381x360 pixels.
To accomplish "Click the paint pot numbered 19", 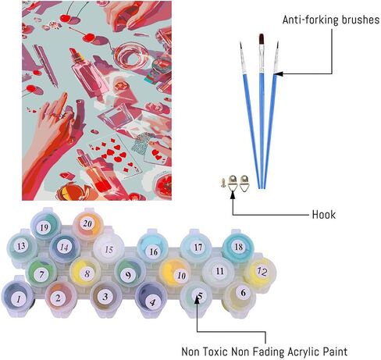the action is [x=45, y=226].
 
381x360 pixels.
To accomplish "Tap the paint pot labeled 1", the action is [x=18, y=298].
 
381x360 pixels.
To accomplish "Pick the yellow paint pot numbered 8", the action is [x=86, y=273].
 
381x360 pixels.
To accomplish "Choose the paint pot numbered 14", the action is [x=65, y=248].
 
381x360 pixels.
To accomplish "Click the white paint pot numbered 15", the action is [x=109, y=249].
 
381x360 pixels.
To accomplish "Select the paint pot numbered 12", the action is [x=260, y=272].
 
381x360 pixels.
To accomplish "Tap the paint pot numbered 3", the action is [x=105, y=298].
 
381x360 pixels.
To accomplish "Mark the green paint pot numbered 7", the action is [x=42, y=273].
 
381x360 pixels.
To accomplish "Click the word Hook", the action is [x=324, y=215].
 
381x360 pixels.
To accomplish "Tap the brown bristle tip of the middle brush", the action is [x=262, y=39].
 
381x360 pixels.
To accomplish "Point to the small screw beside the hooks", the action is [x=223, y=183].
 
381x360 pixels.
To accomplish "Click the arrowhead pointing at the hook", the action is [x=233, y=194].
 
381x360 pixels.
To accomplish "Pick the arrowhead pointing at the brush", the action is [x=278, y=74].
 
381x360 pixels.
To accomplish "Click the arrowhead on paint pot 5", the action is [x=198, y=299].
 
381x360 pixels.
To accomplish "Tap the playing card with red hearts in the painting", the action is [x=115, y=155].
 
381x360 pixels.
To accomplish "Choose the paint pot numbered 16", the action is [x=152, y=248].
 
